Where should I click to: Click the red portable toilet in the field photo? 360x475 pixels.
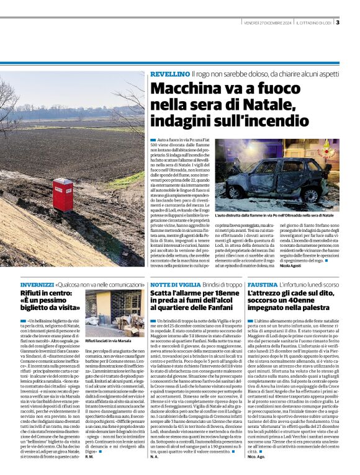pyautogui.click(x=63, y=194)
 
